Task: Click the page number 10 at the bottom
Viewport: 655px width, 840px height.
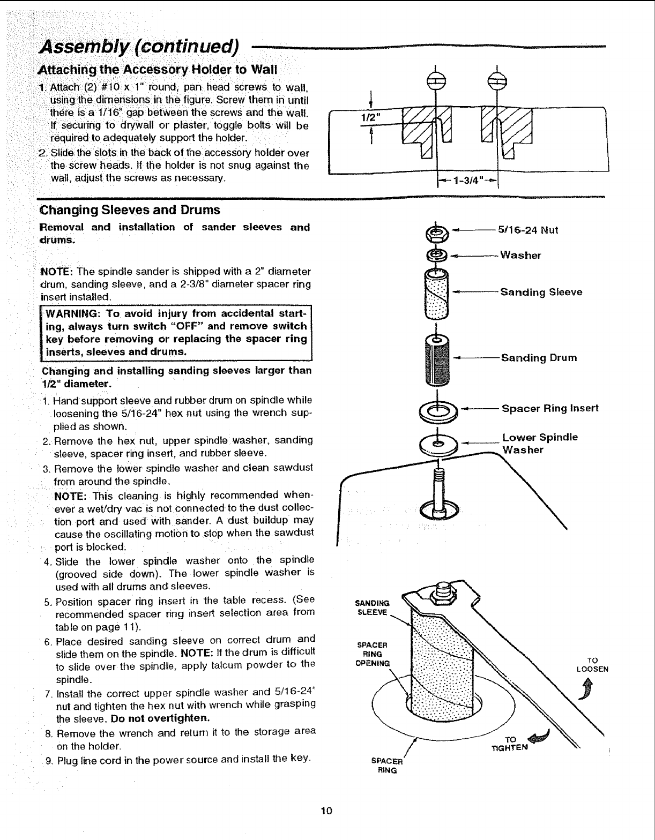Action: tap(327, 809)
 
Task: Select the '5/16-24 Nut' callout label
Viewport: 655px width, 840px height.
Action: tap(528, 230)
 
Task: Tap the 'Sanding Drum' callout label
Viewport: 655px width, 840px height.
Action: tap(539, 358)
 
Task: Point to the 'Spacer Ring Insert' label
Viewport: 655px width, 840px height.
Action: tap(549, 409)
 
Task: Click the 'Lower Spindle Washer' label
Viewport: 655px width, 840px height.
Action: tap(539, 443)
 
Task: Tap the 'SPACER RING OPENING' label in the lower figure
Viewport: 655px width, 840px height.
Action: tap(375, 654)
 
